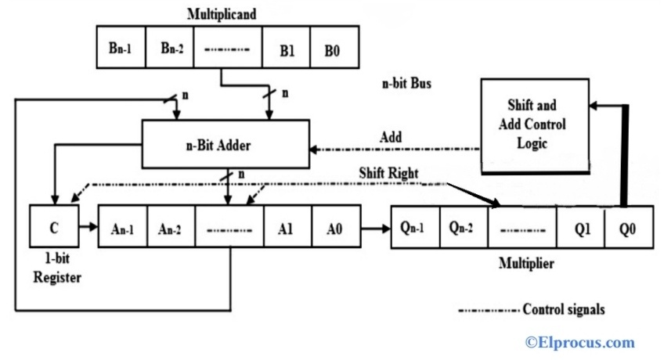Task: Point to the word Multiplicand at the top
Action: coord(222,13)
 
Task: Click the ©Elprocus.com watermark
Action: coord(580,342)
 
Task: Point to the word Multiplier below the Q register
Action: coord(526,264)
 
